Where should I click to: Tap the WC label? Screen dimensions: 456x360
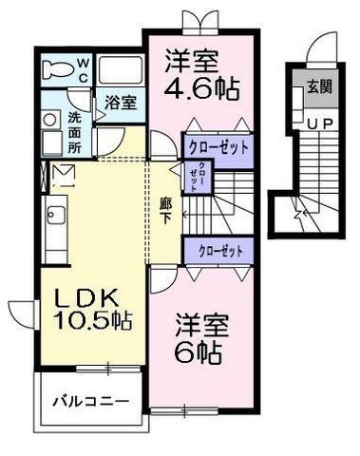pyautogui.click(x=83, y=70)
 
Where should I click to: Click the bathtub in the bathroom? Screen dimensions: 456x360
pyautogui.click(x=120, y=71)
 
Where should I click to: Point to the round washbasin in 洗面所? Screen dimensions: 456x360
pyautogui.click(x=49, y=121)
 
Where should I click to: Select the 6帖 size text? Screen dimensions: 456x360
pyautogui.click(x=199, y=352)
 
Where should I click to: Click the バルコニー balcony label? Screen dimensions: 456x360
pyautogui.click(x=90, y=401)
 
